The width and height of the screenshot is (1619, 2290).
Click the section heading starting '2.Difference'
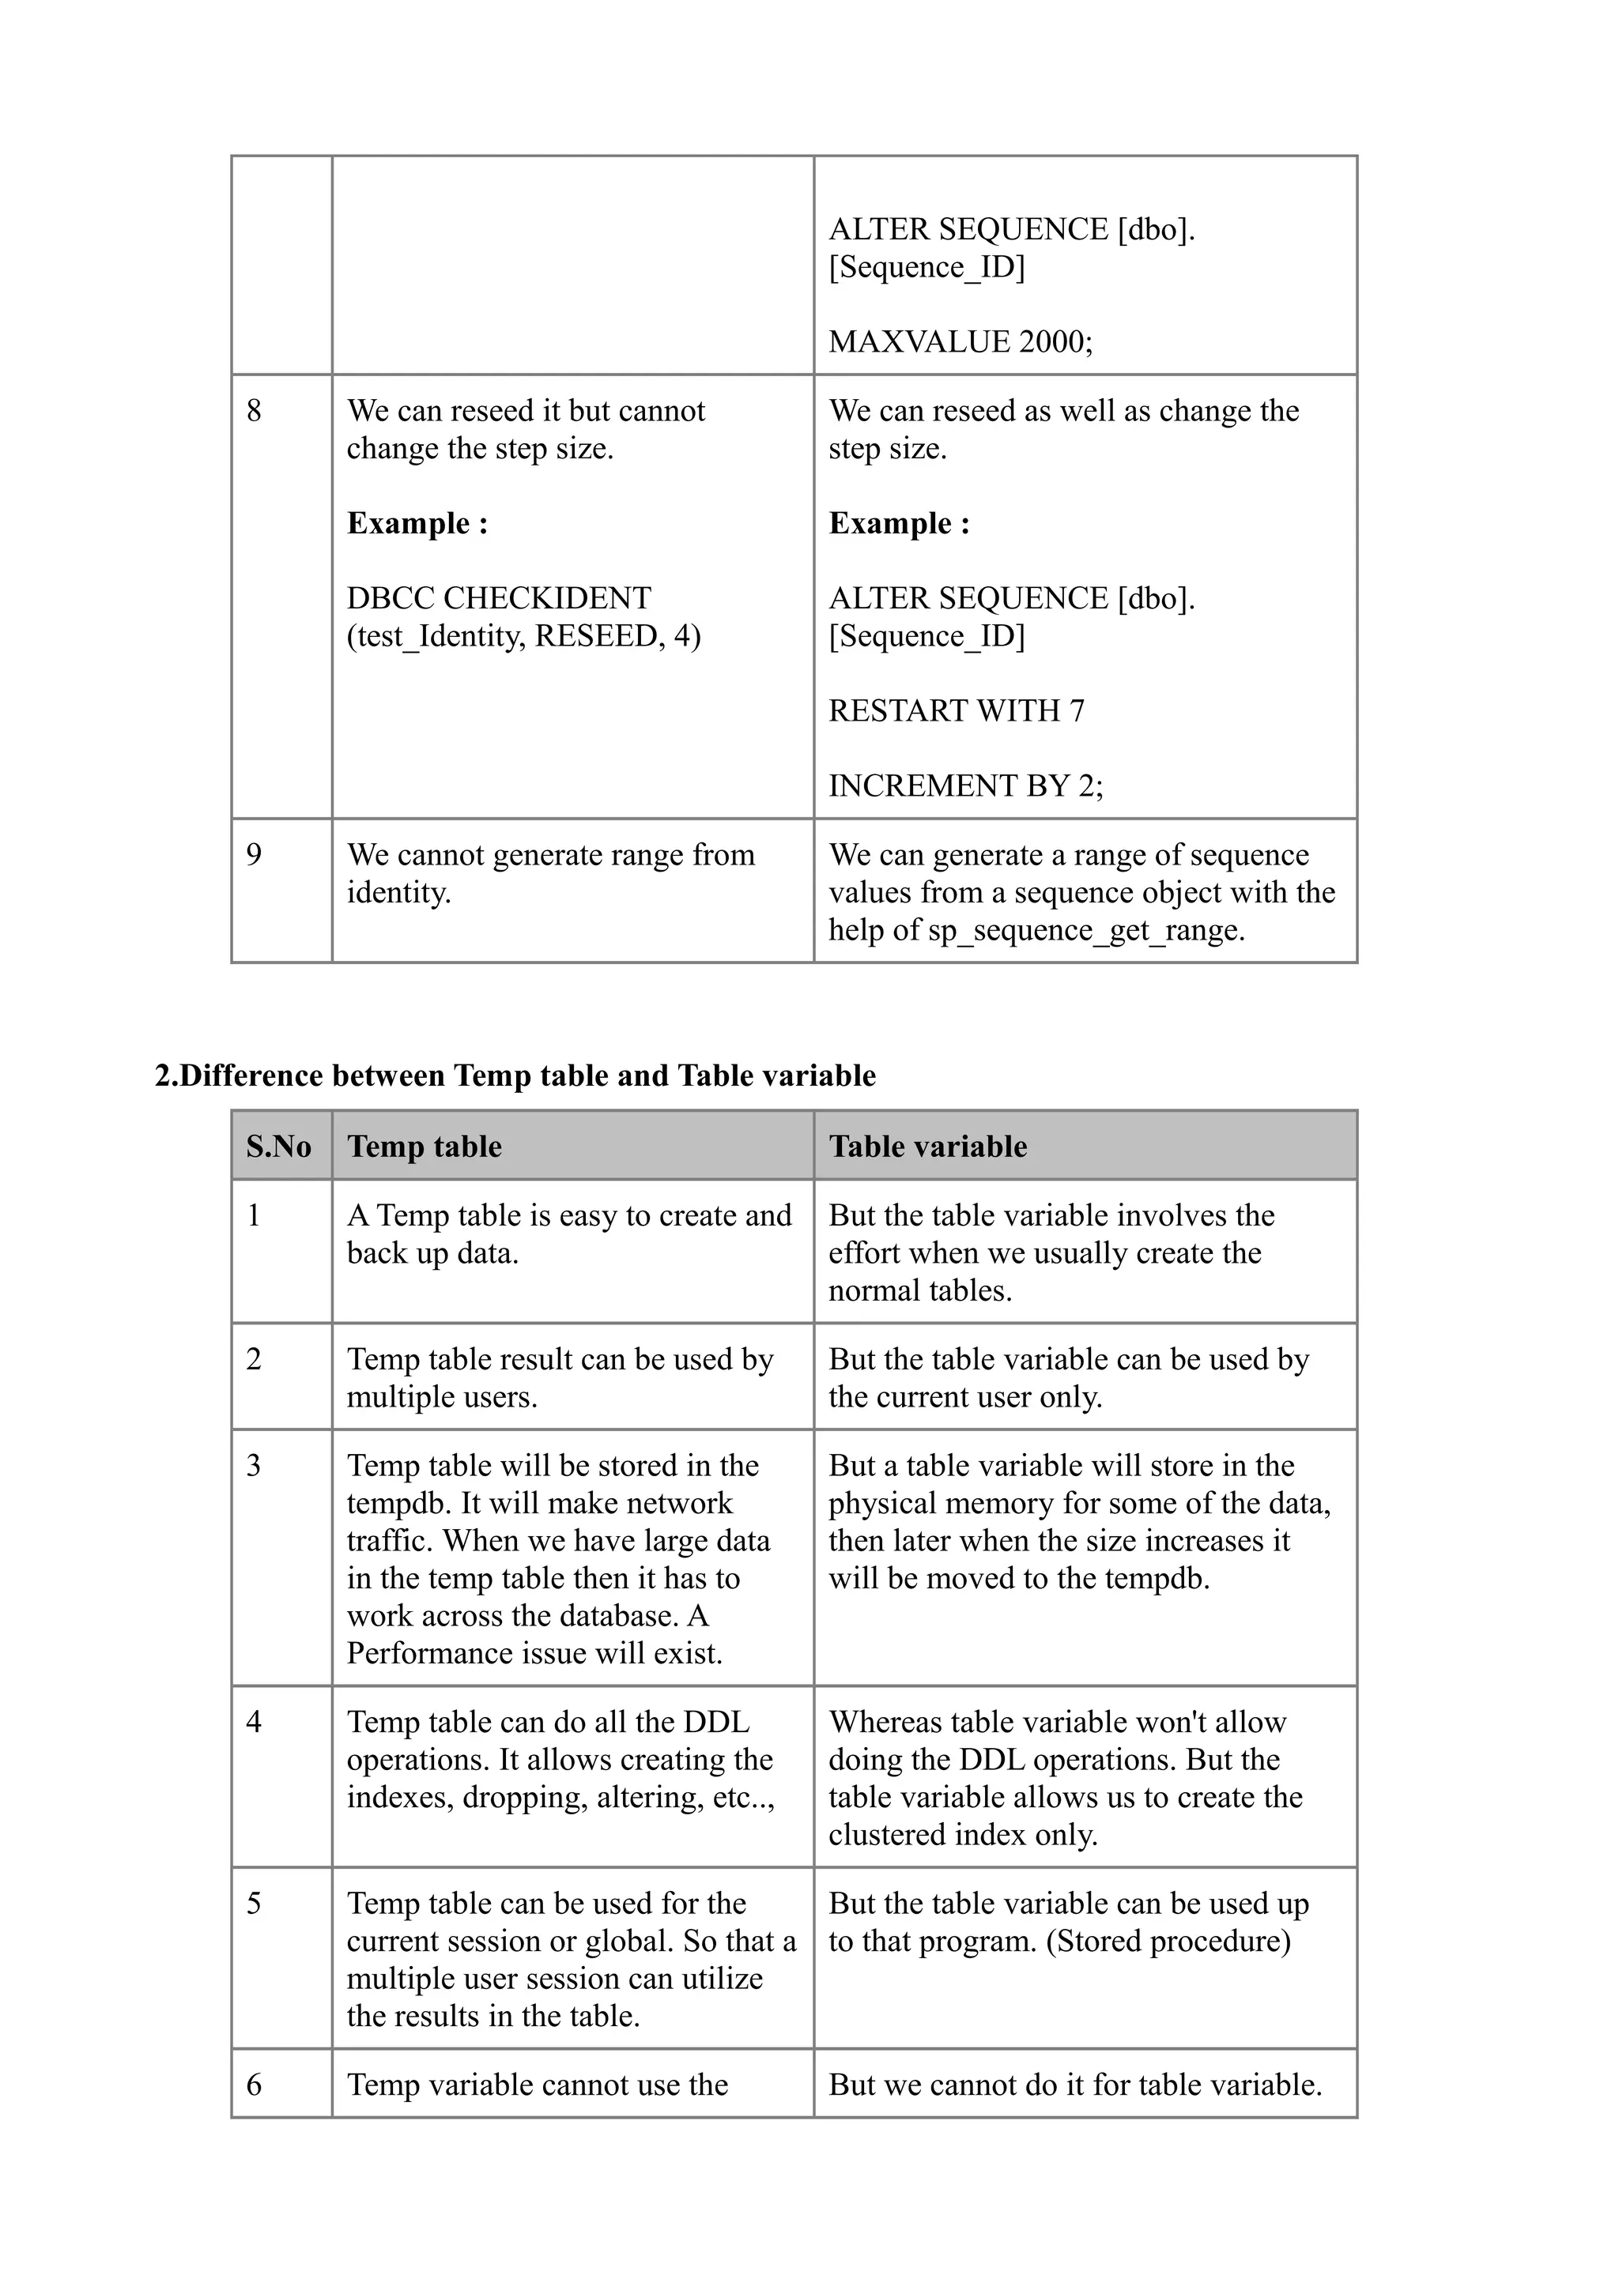pyautogui.click(x=515, y=1075)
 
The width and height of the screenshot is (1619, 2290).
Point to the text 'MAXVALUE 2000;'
pyautogui.click(x=960, y=341)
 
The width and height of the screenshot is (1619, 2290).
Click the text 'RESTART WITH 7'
pyautogui.click(x=956, y=710)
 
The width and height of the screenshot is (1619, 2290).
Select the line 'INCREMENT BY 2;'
pyautogui.click(x=964, y=786)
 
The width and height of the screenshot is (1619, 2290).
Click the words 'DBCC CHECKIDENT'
pyautogui.click(x=498, y=597)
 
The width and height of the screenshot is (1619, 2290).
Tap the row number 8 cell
pyautogui.click(x=255, y=411)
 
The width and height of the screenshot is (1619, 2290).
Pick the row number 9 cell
pyautogui.click(x=255, y=855)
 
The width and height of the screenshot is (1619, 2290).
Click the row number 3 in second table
pyautogui.click(x=255, y=1465)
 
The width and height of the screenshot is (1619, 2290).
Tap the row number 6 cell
pyautogui.click(x=255, y=2085)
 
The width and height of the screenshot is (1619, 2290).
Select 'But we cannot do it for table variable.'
pyautogui.click(x=1074, y=2085)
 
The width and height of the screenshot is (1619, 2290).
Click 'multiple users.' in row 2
pyautogui.click(x=441, y=1396)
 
